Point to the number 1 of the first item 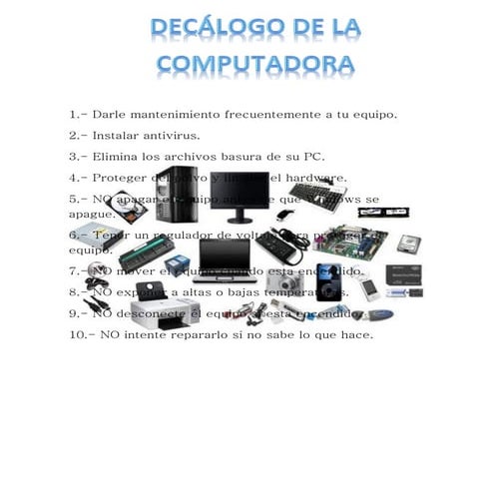[74, 114]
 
